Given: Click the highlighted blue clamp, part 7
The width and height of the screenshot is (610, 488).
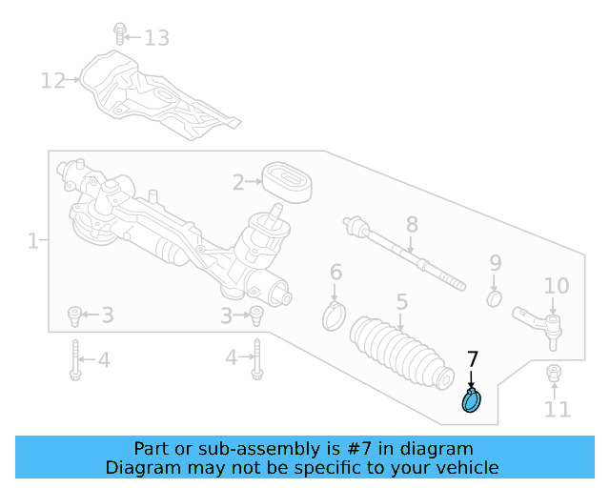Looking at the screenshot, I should tap(472, 401).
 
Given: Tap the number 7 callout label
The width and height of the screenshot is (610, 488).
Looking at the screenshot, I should tap(473, 360).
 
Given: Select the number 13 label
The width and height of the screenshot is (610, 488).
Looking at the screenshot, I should tap(155, 38).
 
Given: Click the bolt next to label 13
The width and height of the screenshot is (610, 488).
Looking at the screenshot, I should tap(120, 33).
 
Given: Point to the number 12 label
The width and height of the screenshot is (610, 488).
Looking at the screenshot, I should tap(53, 81).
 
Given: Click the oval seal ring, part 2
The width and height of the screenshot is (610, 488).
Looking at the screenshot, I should tap(285, 181).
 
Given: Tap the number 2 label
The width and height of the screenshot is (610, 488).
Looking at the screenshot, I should tap(240, 181).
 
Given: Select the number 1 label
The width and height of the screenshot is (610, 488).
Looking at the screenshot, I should tap(32, 241).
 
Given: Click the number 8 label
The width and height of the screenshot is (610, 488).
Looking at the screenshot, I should tap(412, 225).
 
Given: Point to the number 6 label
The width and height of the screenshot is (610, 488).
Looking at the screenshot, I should tap(335, 274).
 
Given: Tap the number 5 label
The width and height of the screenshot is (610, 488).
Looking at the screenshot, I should tap(402, 302).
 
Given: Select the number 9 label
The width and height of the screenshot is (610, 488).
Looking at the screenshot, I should tap(496, 263).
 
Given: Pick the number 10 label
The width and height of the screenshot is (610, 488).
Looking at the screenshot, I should tap(557, 286).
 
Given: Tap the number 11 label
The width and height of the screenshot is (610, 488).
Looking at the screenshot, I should tap(558, 410).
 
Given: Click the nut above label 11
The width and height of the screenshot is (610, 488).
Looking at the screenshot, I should tap(553, 373).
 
